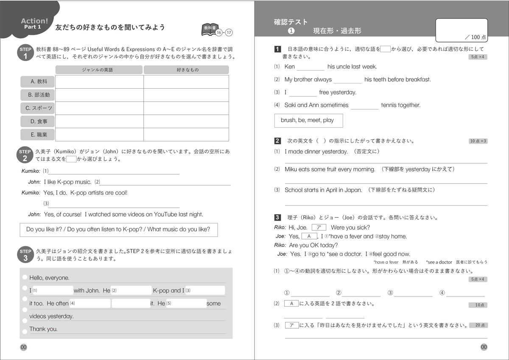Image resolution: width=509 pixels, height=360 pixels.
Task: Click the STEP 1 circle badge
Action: pyautogui.click(x=25, y=53)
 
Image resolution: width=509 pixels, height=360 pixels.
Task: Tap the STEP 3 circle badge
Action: pyautogui.click(x=25, y=255)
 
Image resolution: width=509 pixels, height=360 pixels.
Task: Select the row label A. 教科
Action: pyautogui.click(x=37, y=82)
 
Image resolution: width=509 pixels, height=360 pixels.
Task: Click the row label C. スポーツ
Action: pyautogui.click(x=37, y=108)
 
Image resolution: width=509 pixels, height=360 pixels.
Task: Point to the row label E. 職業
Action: pyautogui.click(x=37, y=134)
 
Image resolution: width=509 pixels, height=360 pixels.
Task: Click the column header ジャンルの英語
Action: pyautogui.click(x=99, y=70)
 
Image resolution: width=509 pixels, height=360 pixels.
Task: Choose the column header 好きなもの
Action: pyautogui.click(x=186, y=70)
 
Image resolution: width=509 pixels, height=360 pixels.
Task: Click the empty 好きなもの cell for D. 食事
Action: pyautogui.click(x=186, y=121)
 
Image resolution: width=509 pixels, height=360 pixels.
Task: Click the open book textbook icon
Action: pyautogui.click(x=209, y=29)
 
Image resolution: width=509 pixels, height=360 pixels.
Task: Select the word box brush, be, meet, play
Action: pyautogui.click(x=308, y=120)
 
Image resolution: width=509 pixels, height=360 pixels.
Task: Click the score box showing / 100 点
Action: pyautogui.click(x=462, y=30)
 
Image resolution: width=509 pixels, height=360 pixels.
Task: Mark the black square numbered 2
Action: pyautogui.click(x=277, y=141)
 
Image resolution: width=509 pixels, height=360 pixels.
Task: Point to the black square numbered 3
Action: pyautogui.click(x=277, y=218)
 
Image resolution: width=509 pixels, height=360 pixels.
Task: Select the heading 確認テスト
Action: pyautogui.click(x=291, y=22)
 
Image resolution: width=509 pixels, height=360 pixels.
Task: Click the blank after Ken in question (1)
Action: pyautogui.click(x=310, y=67)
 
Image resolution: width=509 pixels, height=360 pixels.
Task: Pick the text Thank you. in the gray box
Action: pyautogui.click(x=43, y=329)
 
